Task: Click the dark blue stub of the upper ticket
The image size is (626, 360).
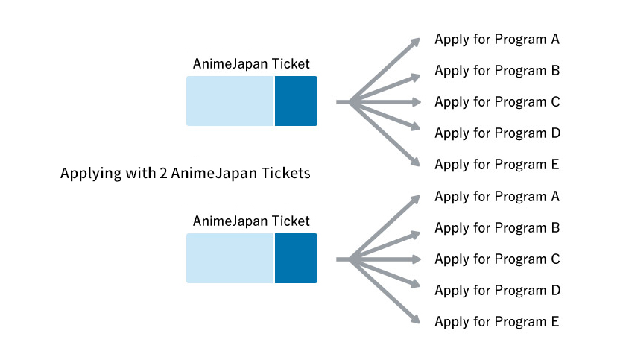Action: coord(296,101)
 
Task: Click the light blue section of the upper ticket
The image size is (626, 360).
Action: coord(230,101)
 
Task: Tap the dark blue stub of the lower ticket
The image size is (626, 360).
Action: coord(296,258)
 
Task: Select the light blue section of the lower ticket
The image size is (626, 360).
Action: coord(230,258)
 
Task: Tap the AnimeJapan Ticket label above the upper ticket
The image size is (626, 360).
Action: coord(251,64)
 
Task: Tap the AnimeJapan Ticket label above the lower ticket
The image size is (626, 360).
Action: coord(251,221)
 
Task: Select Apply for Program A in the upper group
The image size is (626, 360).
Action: coord(497,40)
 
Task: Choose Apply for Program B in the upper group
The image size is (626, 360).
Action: coord(497,71)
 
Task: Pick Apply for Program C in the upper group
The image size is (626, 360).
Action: coord(497,102)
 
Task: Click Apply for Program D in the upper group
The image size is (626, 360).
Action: coord(497,133)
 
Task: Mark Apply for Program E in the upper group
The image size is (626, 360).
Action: coord(497,165)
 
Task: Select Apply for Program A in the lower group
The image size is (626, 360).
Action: coord(497,197)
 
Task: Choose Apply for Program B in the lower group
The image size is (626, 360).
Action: coord(497,228)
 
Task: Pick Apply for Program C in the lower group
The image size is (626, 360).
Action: coord(497,259)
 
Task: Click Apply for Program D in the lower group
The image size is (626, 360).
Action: coord(497,291)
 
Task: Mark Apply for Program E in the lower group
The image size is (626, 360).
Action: coord(497,322)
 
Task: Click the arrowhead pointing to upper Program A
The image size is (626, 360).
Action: coord(414,43)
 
